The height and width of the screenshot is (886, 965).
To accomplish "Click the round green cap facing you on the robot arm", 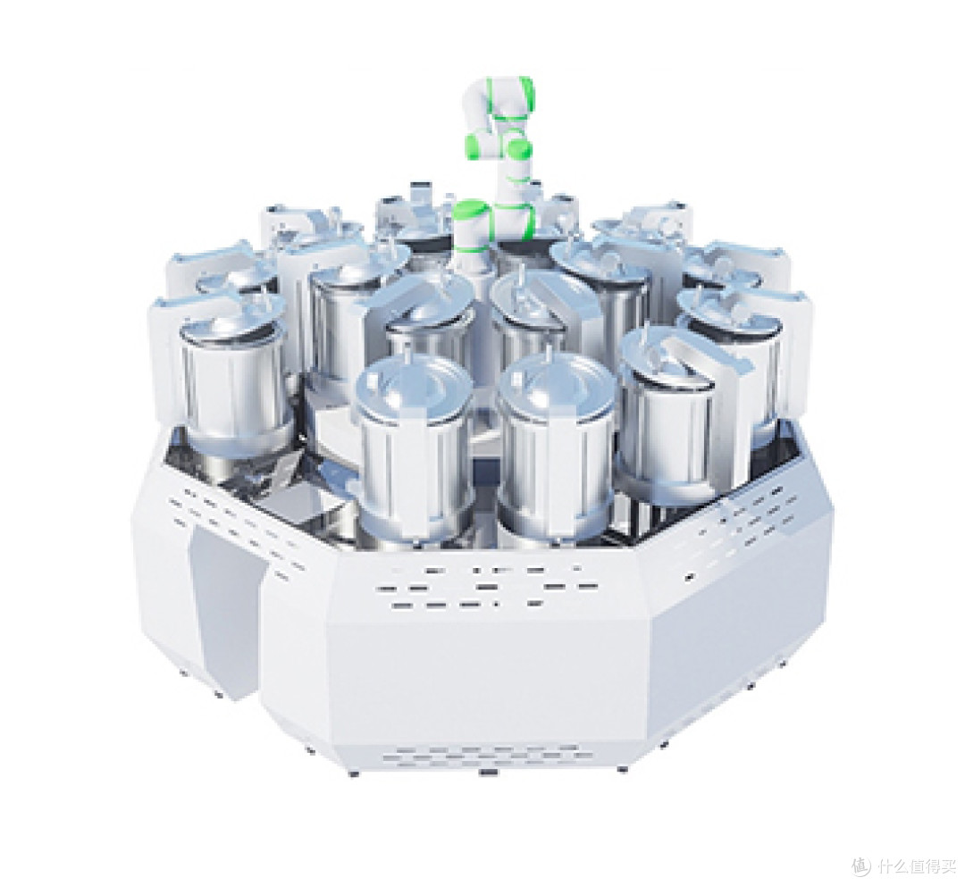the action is tap(520, 149).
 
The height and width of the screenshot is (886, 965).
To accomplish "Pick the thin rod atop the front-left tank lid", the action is tap(407, 357).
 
